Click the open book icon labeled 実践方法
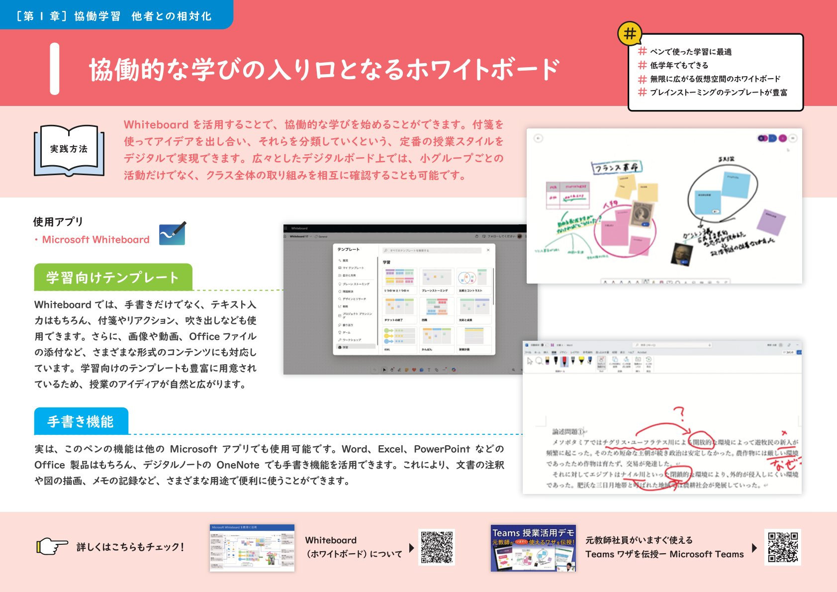click(x=69, y=150)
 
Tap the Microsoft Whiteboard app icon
click(x=172, y=234)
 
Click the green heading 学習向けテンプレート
click(x=113, y=277)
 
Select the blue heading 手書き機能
click(x=81, y=421)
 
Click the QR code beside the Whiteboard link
click(x=437, y=547)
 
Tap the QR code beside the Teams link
click(x=782, y=547)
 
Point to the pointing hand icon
click(x=52, y=546)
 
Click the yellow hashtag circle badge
click(x=630, y=34)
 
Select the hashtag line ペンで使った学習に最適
click(x=690, y=52)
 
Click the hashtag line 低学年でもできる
click(x=679, y=65)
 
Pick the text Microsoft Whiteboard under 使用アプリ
click(x=95, y=240)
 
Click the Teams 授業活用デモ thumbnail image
click(x=533, y=548)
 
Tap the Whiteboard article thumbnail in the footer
click(x=252, y=548)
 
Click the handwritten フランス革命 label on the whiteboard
click(x=616, y=167)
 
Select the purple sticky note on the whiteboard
click(x=770, y=221)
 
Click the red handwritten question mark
click(x=679, y=413)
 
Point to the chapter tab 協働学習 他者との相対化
click(x=114, y=16)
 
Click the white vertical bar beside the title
click(x=55, y=69)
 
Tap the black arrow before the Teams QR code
click(x=754, y=548)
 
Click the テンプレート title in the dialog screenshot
click(x=348, y=249)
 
